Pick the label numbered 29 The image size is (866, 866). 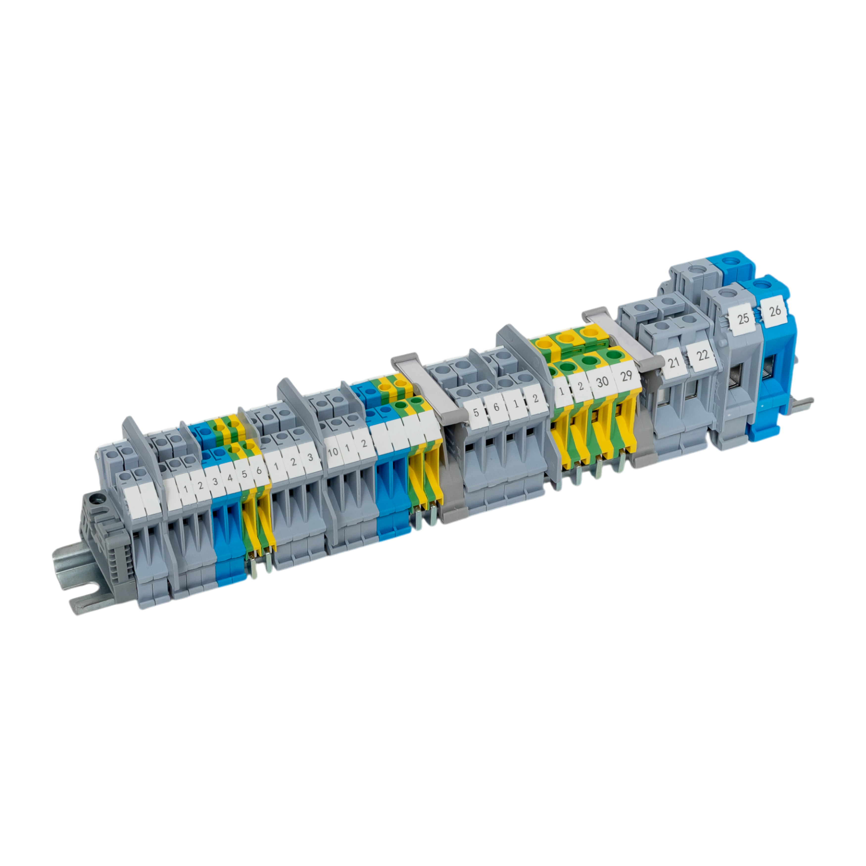626,375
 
